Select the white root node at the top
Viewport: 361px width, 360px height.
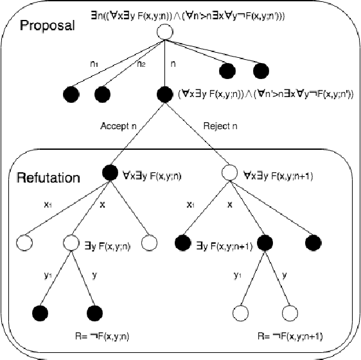(166, 31)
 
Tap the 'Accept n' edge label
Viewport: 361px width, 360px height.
(118, 126)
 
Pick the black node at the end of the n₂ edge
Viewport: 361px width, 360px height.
(103, 96)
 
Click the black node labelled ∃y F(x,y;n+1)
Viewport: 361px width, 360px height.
(183, 243)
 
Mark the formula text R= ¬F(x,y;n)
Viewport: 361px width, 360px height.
(102, 334)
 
